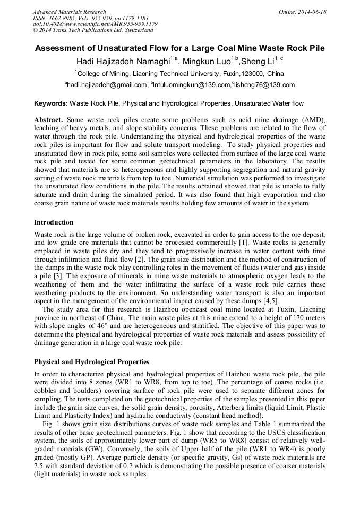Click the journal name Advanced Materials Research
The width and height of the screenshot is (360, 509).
[69, 12]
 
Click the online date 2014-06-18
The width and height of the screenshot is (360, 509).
[313, 12]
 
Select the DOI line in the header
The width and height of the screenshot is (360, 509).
[95, 24]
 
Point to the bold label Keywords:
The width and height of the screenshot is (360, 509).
[51, 103]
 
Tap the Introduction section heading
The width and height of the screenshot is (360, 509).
[54, 222]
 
